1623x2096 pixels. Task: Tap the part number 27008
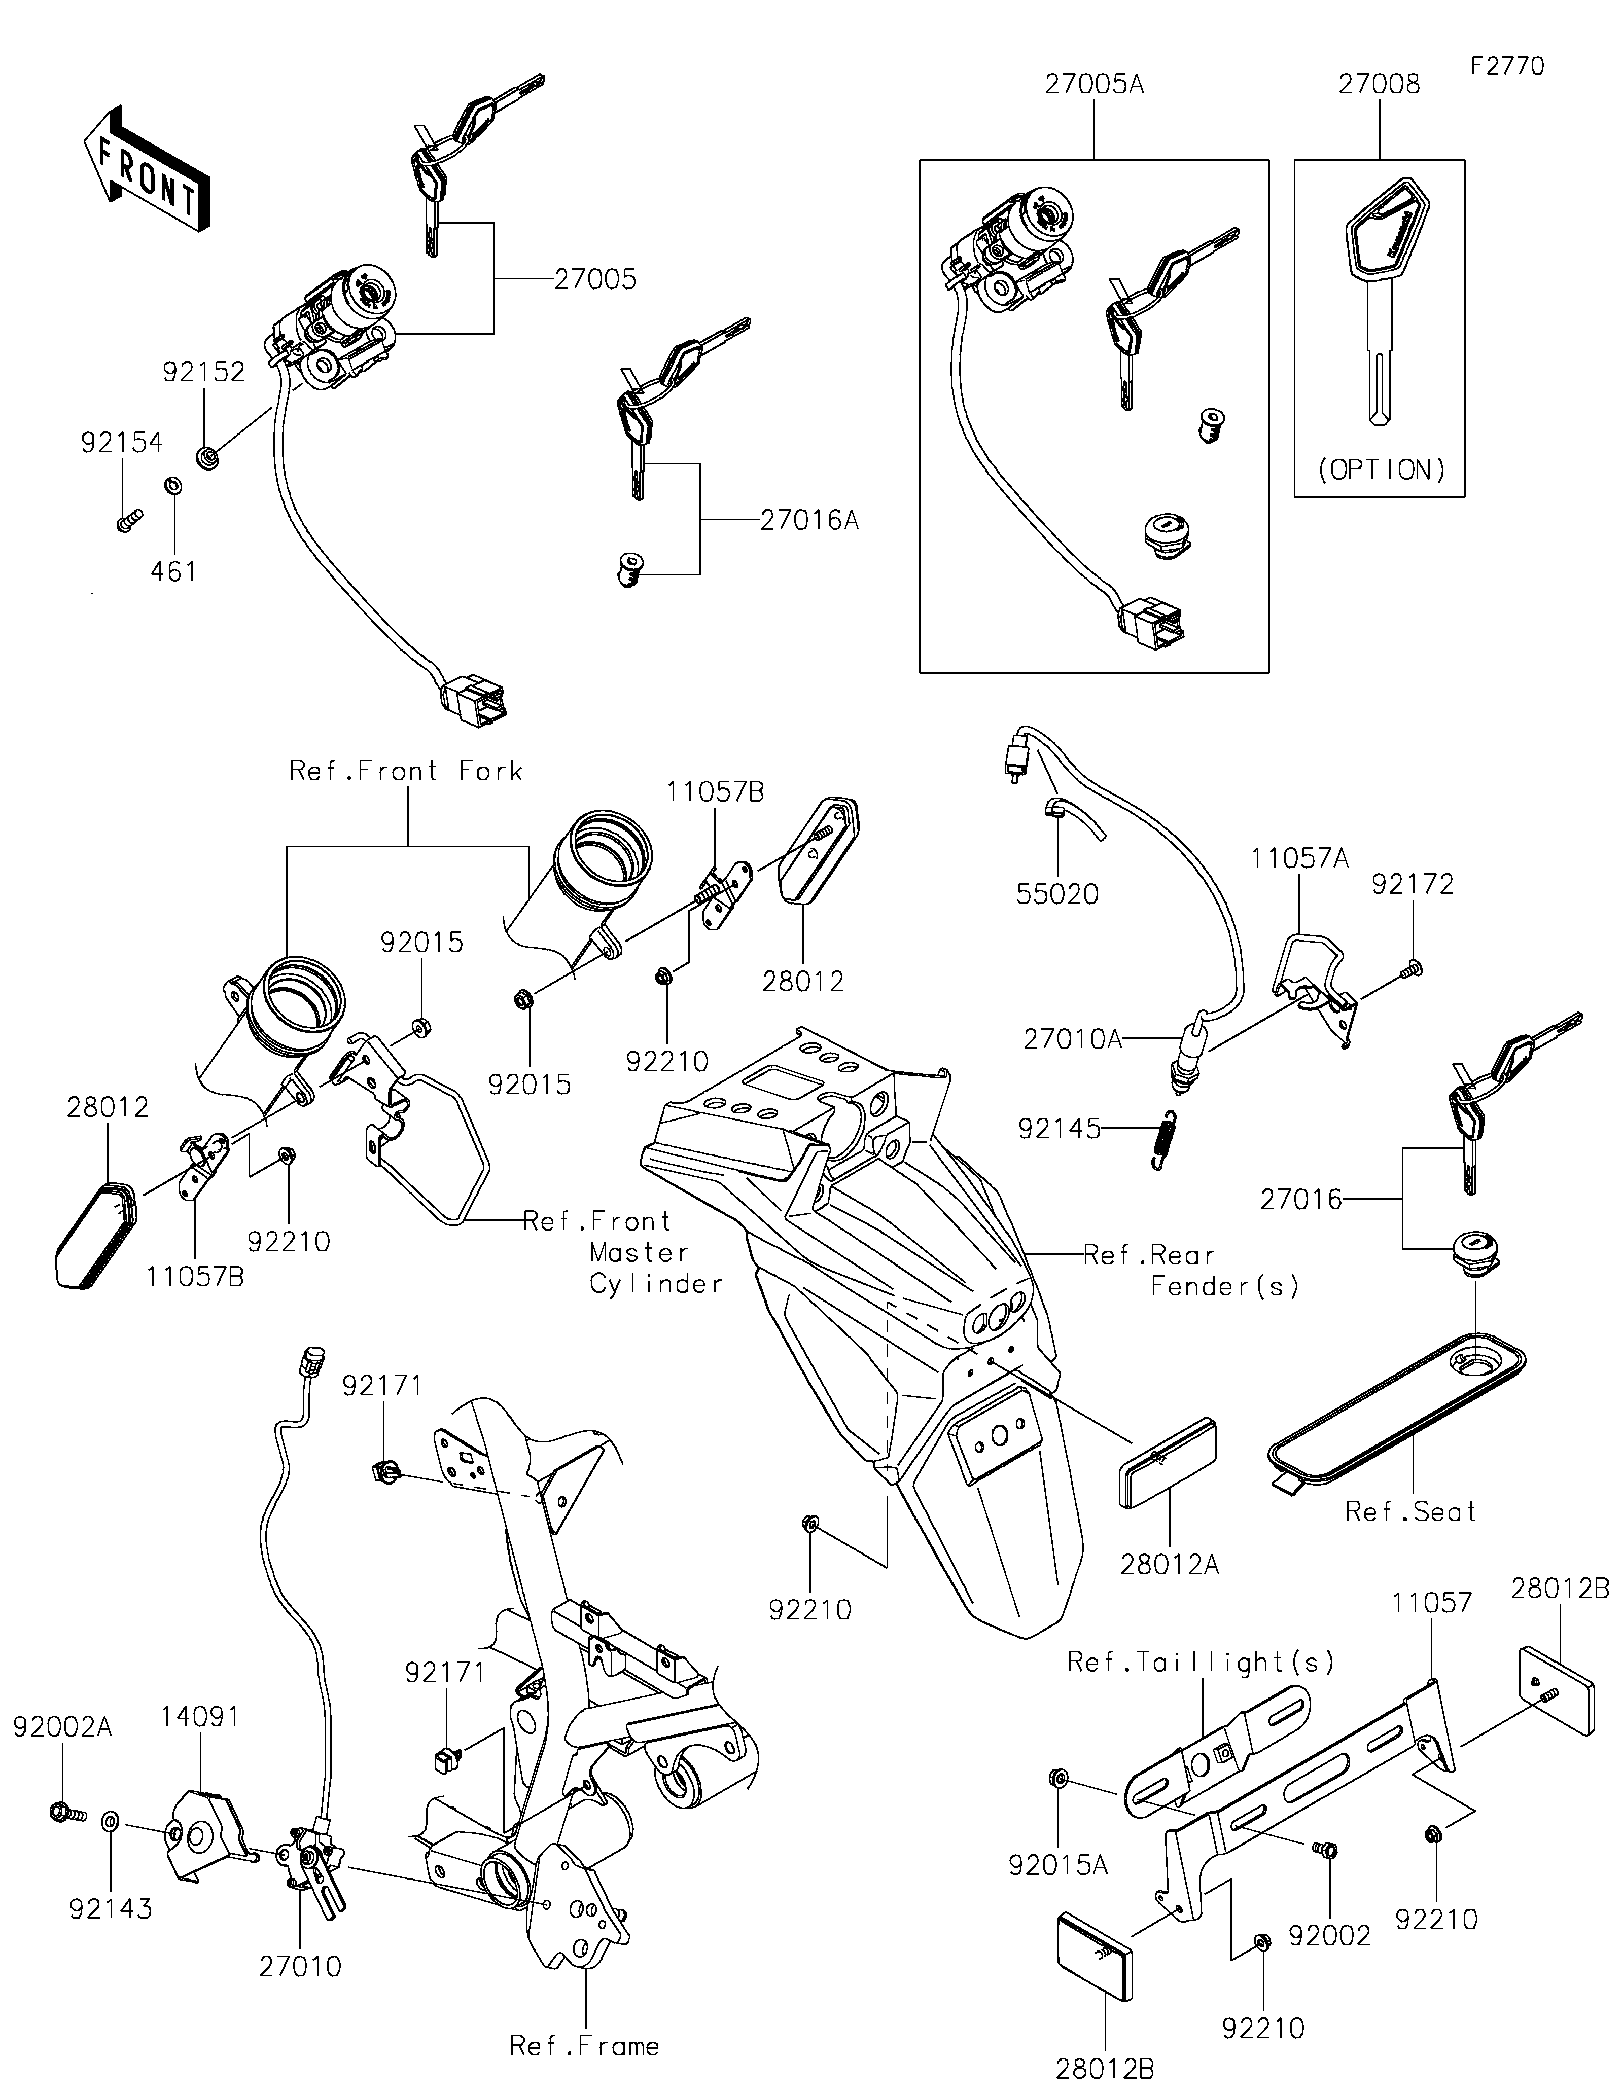click(1379, 85)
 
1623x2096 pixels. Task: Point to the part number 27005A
click(1094, 85)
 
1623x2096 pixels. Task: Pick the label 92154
click(122, 443)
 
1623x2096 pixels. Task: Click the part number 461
click(174, 572)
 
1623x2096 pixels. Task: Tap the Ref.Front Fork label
click(406, 771)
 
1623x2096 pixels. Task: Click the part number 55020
click(1057, 894)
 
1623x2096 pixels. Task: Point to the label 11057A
click(1299, 858)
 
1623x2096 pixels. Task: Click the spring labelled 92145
click(1164, 1139)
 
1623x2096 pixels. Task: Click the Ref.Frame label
click(584, 2046)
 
